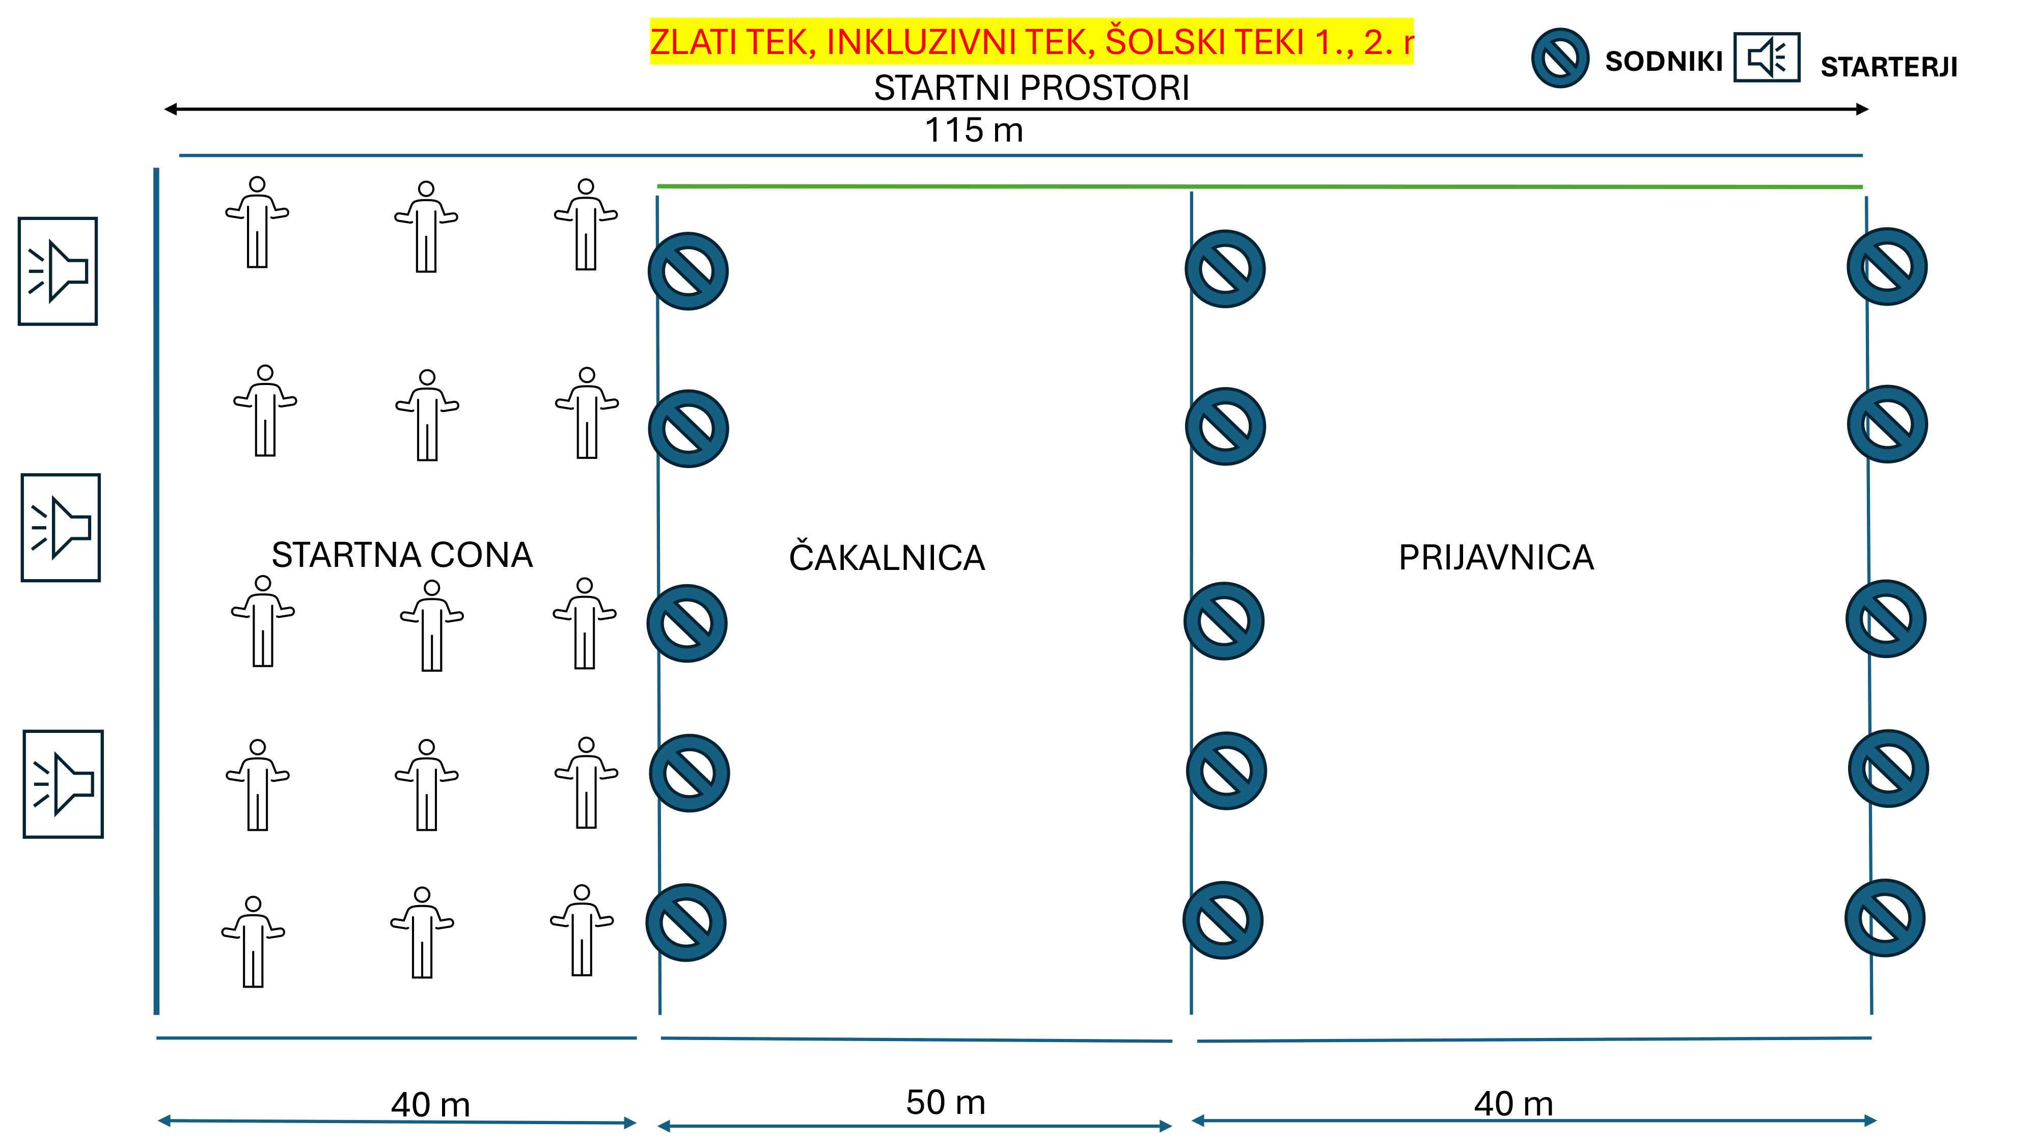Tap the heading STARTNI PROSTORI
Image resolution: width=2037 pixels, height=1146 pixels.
point(1031,88)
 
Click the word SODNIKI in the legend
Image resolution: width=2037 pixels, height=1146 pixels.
point(1663,62)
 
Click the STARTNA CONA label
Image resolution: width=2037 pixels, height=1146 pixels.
point(402,555)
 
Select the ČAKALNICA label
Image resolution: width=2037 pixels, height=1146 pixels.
point(887,558)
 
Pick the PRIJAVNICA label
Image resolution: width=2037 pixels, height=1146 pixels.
point(1495,558)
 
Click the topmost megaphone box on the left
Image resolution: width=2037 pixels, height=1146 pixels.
point(58,271)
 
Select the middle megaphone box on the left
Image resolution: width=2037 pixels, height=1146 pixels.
point(61,528)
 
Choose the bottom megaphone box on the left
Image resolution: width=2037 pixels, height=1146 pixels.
point(63,784)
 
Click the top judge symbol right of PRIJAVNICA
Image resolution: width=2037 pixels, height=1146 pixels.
point(1887,266)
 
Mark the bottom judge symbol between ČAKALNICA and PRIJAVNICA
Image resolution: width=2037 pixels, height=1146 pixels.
point(1223,920)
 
